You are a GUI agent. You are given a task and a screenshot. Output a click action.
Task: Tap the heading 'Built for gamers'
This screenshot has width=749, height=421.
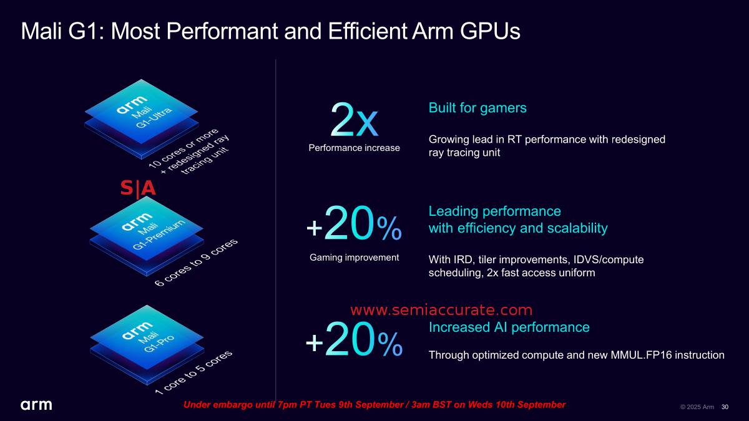point(477,108)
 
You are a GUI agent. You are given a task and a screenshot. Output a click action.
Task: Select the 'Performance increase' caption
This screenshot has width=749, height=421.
point(354,148)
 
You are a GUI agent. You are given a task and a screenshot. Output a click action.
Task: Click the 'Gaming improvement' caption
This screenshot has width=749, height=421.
point(354,257)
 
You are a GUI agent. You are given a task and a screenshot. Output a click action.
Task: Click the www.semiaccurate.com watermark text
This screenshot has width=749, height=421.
point(441,310)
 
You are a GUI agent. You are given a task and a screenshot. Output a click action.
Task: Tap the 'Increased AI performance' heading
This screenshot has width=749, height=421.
point(509,327)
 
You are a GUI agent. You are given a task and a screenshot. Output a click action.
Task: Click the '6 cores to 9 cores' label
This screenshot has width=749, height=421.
point(196,263)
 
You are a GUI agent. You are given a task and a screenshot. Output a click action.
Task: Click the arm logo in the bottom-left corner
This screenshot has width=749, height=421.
point(37,405)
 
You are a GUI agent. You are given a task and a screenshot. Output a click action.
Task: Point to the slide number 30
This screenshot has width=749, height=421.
point(725,407)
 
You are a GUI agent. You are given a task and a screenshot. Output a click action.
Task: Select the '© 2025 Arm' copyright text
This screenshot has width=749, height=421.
point(697,407)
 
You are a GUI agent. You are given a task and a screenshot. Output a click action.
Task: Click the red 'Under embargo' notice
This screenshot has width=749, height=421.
point(374,405)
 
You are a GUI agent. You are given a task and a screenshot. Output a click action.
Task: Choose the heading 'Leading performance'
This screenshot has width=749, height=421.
point(494,210)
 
